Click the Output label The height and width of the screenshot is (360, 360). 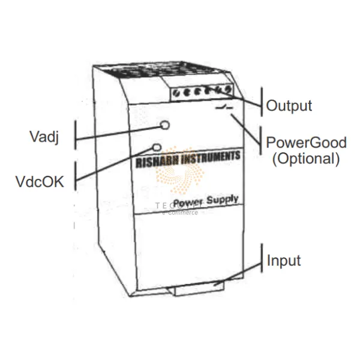tap(289, 106)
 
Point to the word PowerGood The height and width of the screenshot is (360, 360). tap(307, 143)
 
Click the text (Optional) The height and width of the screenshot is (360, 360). tap(306, 159)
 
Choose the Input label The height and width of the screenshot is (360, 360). tap(284, 261)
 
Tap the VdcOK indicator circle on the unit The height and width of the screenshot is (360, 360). tap(158, 146)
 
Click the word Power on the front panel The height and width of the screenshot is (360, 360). tap(187, 203)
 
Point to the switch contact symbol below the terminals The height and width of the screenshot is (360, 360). tap(223, 110)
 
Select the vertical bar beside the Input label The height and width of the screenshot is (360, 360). tap(262, 259)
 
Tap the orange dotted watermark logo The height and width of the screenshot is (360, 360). tap(180, 174)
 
